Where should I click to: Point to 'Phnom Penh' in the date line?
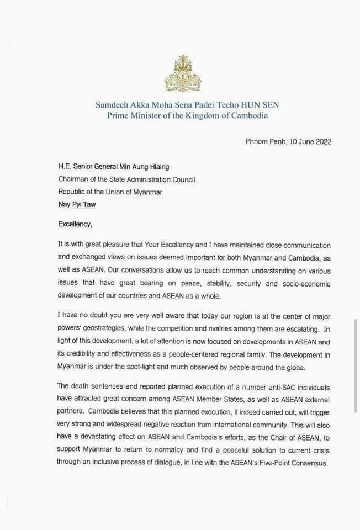click(264, 142)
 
